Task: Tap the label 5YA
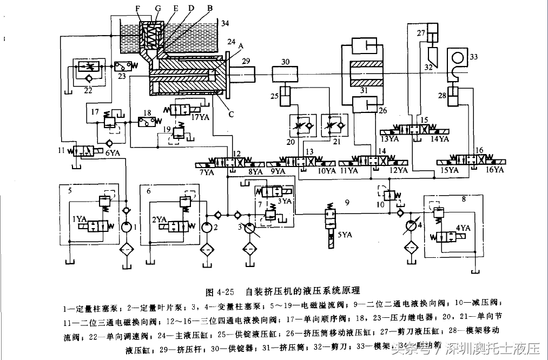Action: tap(345, 234)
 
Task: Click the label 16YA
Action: tap(494, 170)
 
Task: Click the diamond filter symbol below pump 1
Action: tap(127, 251)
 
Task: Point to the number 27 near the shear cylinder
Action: tap(422, 32)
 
